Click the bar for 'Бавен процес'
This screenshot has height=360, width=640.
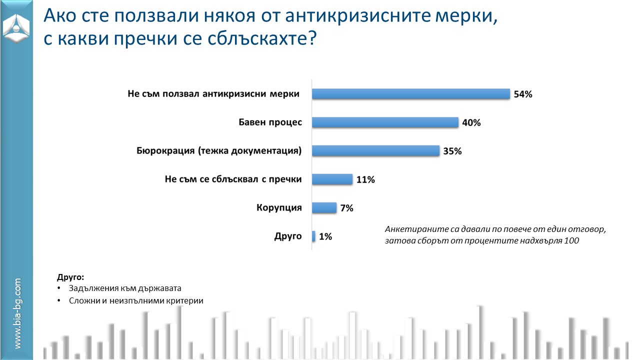pyautogui.click(x=385, y=122)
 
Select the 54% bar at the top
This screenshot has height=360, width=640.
pyautogui.click(x=410, y=94)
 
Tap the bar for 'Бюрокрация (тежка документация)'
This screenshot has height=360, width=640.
pyautogui.click(x=375, y=151)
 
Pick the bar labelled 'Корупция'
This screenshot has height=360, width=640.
pyautogui.click(x=324, y=208)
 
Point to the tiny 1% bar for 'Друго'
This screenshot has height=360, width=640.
pyautogui.click(x=313, y=236)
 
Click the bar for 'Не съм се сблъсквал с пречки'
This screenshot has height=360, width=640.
pyautogui.click(x=332, y=179)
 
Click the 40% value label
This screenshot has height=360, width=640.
pyautogui.click(x=471, y=122)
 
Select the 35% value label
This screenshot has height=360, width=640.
pyautogui.click(x=452, y=151)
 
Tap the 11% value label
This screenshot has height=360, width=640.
pyautogui.click(x=365, y=179)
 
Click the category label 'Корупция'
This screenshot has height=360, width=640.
pyautogui.click(x=279, y=207)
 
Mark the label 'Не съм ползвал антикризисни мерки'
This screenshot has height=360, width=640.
pyautogui.click(x=213, y=93)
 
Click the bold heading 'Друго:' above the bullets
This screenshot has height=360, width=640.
pyautogui.click(x=70, y=276)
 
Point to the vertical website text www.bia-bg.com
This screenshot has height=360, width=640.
pyautogui.click(x=17, y=314)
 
